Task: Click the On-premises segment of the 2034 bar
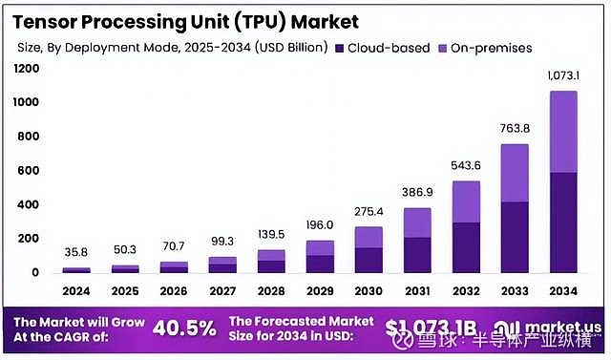[x=563, y=132]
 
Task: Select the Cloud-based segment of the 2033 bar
[x=515, y=237]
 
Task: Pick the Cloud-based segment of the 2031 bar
[x=416, y=254]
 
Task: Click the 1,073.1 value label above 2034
[x=563, y=75]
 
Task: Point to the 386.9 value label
[x=416, y=193]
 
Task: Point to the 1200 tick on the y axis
[x=27, y=68]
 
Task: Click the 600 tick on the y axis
[x=30, y=170]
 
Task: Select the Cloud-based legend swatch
[x=341, y=47]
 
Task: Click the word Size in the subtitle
[x=31, y=48]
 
